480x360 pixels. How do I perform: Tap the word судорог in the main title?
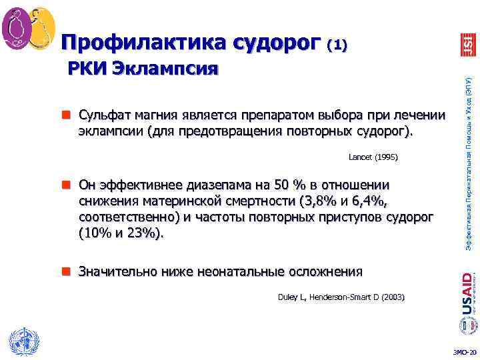tap(272, 43)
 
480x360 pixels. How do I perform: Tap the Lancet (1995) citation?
tap(373, 157)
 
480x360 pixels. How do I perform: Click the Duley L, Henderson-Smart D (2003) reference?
tap(341, 296)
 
